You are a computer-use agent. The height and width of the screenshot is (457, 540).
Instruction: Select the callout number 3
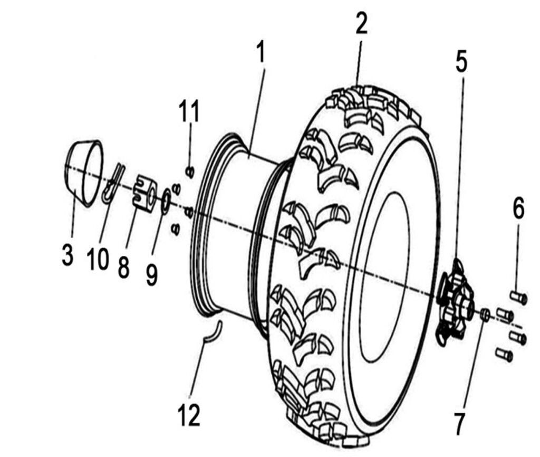tap(66, 254)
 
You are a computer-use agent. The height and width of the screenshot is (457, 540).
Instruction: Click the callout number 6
tap(518, 210)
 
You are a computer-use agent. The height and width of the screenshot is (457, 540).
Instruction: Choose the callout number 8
tap(123, 266)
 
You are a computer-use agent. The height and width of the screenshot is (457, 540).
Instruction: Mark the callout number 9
tap(152, 274)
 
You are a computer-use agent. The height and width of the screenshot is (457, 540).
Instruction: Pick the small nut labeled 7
tap(486, 315)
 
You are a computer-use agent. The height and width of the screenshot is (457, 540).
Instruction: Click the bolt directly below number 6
tap(519, 298)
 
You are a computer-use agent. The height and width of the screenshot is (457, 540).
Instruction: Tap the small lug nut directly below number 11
tap(191, 172)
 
